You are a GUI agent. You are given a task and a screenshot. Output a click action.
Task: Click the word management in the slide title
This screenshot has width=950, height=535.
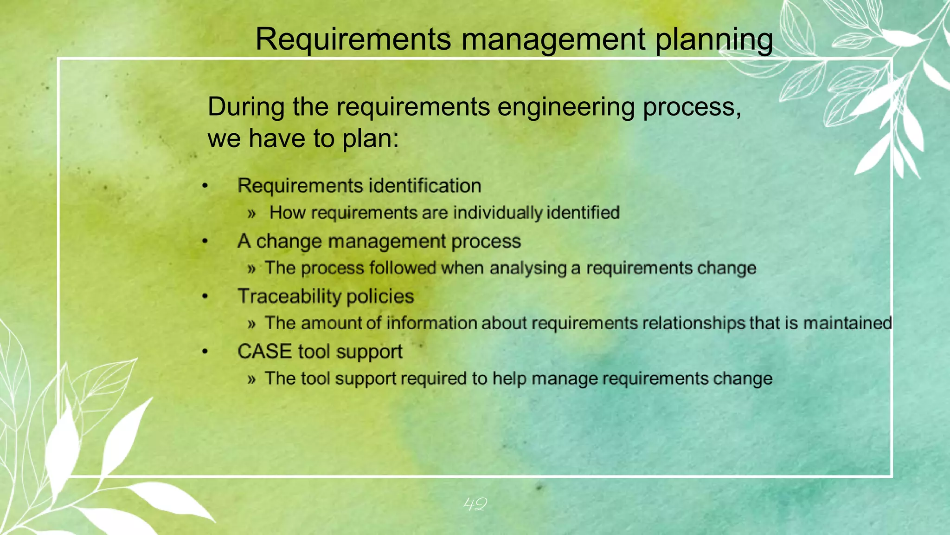(x=553, y=39)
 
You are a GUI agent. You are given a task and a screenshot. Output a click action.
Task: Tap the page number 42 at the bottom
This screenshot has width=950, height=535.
(x=475, y=504)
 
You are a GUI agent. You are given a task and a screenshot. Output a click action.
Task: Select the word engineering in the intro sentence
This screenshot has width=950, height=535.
(x=566, y=107)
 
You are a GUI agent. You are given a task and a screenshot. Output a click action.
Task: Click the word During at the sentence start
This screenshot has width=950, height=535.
(x=246, y=107)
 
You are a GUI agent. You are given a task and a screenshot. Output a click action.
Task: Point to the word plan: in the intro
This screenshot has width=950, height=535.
(x=370, y=139)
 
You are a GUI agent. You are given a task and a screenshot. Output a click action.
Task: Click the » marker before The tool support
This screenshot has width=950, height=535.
(x=251, y=379)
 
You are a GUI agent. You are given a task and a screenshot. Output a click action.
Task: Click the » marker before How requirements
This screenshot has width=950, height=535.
(x=251, y=214)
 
